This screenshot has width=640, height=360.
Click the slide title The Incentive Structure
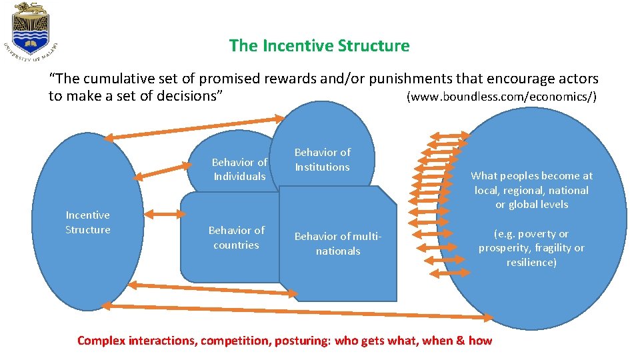point(319,45)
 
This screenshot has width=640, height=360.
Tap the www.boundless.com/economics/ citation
point(501,97)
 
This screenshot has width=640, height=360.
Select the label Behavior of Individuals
point(239,169)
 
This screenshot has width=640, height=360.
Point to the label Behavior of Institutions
point(322,159)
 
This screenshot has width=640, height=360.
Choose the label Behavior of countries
point(236,237)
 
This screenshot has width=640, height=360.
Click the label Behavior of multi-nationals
point(337,243)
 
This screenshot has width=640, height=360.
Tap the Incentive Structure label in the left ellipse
point(87,222)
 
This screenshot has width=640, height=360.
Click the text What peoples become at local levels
point(531,190)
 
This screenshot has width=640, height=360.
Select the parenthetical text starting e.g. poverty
point(531,248)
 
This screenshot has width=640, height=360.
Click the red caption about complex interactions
point(285,341)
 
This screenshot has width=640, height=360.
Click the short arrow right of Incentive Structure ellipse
point(166,214)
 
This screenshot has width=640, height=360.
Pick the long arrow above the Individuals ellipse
point(194,128)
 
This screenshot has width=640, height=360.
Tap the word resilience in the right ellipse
point(531,263)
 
